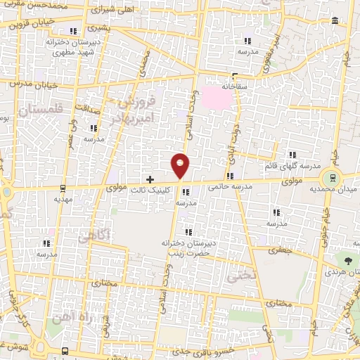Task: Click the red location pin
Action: pos(181,165)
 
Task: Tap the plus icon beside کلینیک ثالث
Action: pos(150,179)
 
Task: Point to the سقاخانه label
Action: pos(237,86)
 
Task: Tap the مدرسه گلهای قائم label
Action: pos(290,166)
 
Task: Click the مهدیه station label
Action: pos(63,199)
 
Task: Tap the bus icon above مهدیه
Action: pos(63,188)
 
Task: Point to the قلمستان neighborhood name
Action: pos(41,110)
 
